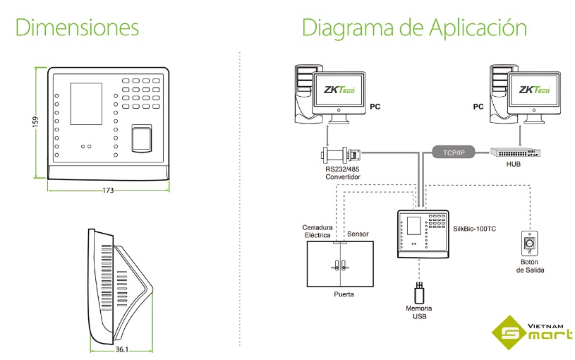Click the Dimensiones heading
(77, 28)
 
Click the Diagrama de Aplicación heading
(414, 28)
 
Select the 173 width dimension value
(108, 190)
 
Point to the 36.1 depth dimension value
(121, 349)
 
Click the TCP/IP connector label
(454, 150)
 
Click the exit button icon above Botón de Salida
(528, 244)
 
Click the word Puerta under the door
(344, 294)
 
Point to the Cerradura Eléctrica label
(317, 232)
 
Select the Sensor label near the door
(358, 234)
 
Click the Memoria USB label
(418, 313)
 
